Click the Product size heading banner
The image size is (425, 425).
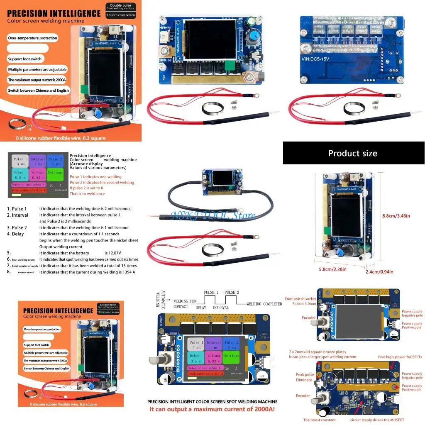pyautogui.click(x=353, y=153)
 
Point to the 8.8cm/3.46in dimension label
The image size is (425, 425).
pyautogui.click(x=396, y=216)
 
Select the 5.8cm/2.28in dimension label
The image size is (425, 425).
pyautogui.click(x=332, y=269)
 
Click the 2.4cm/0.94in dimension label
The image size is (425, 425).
pyautogui.click(x=379, y=272)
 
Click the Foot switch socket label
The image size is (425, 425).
pyautogui.click(x=300, y=299)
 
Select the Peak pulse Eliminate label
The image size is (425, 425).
pyautogui.click(x=304, y=377)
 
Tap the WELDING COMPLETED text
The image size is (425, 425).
pyautogui.click(x=264, y=304)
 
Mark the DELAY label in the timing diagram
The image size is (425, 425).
pyautogui.click(x=201, y=308)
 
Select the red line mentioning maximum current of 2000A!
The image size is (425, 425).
pyautogui.click(x=212, y=409)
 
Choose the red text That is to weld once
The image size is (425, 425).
pyautogui.click(x=87, y=194)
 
